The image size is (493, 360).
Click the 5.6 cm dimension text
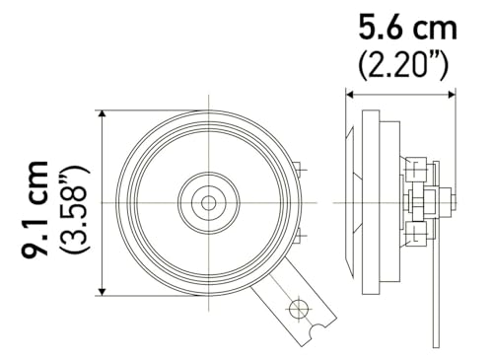click(407, 28)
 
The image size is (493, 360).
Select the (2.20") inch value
click(403, 66)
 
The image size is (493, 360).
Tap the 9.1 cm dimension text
click(35, 208)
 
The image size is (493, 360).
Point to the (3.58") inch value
click(75, 209)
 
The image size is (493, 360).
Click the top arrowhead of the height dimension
click(103, 114)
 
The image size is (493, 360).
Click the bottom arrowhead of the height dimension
click(103, 292)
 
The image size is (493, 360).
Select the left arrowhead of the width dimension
click(349, 95)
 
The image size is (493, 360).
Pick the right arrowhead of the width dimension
click(452, 95)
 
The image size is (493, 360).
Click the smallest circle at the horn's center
click(208, 203)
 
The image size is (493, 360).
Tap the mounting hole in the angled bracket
click(298, 309)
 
